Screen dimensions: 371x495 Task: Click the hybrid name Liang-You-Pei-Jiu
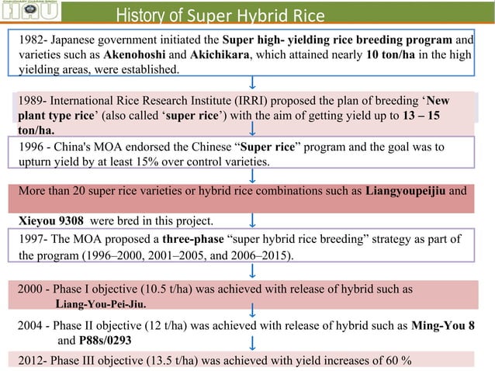[100, 303]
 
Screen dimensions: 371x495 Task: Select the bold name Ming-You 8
[444, 324]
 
